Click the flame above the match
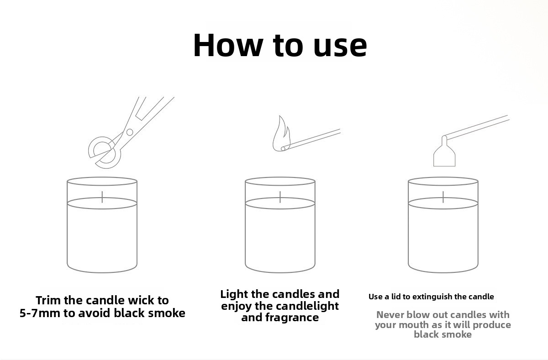(281, 133)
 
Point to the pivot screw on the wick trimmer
(130, 132)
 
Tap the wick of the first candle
(102, 197)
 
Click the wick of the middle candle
(280, 197)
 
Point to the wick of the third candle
(443, 197)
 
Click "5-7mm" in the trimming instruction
(40, 313)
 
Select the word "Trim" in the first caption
(48, 300)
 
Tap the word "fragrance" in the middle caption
(292, 318)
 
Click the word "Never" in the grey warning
(390, 315)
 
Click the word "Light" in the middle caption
(234, 294)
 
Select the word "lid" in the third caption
(396, 297)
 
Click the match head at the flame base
(283, 148)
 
